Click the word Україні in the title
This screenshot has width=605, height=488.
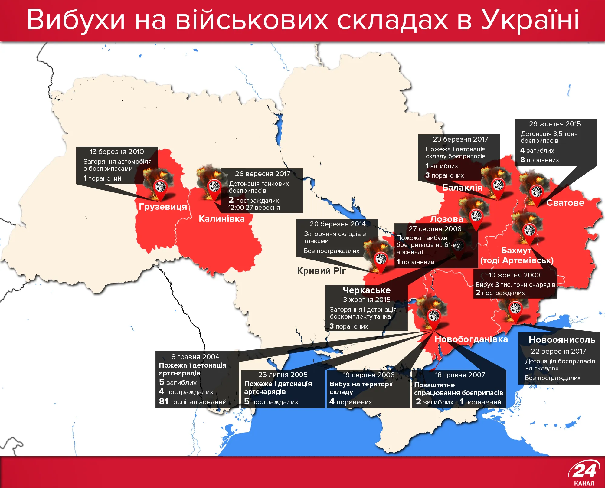pyautogui.click(x=530, y=20)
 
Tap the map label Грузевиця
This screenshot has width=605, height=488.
pyautogui.click(x=163, y=207)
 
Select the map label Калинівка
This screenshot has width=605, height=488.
pyautogui.click(x=222, y=219)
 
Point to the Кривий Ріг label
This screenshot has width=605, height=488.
pyautogui.click(x=321, y=270)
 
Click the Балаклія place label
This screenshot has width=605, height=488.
pyautogui.click(x=462, y=188)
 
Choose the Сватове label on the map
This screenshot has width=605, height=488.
pyautogui.click(x=565, y=203)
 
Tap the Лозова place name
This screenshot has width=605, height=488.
pyautogui.click(x=446, y=219)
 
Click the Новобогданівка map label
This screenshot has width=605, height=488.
pyautogui.click(x=471, y=339)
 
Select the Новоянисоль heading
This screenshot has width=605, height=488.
pyautogui.click(x=562, y=340)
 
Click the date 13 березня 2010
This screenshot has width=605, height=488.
pyautogui.click(x=117, y=152)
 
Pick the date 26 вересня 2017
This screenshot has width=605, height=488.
pyautogui.click(x=262, y=174)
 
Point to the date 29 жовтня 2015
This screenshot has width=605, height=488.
pyautogui.click(x=555, y=124)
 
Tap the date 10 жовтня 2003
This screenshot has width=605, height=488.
pyautogui.click(x=514, y=275)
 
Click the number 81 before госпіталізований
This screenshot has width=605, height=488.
pyautogui.click(x=163, y=401)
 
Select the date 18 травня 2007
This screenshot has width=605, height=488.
pyautogui.click(x=460, y=375)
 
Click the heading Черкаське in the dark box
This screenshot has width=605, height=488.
pyautogui.click(x=366, y=290)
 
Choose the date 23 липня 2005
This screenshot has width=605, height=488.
pyautogui.click(x=283, y=375)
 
